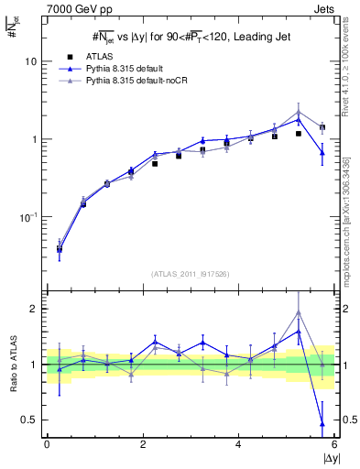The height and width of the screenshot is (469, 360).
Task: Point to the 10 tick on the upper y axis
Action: coord(30,61)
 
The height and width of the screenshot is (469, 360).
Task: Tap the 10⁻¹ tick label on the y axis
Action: coord(27,217)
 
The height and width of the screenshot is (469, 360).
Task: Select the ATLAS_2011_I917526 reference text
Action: coord(190,274)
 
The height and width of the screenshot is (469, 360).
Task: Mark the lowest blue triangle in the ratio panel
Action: coord(322,423)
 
